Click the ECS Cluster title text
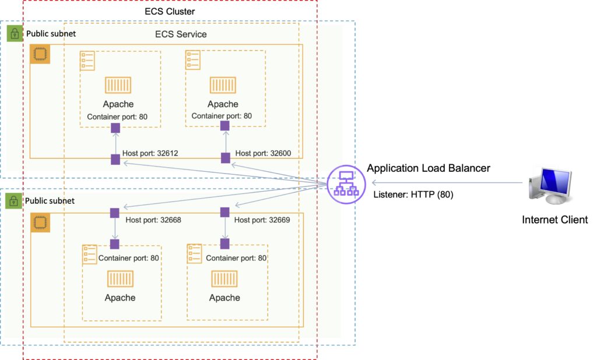(x=170, y=11)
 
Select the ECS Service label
(x=181, y=34)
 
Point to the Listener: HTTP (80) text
(x=413, y=195)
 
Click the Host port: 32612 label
(x=150, y=154)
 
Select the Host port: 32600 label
(x=263, y=154)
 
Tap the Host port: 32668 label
(x=153, y=220)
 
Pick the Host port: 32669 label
(x=262, y=220)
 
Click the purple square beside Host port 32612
(x=115, y=159)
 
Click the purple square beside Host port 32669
(x=224, y=213)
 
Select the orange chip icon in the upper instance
(x=40, y=54)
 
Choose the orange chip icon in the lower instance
(x=40, y=223)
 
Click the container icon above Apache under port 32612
(x=118, y=85)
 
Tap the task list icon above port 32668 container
(x=90, y=254)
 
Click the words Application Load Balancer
(x=429, y=168)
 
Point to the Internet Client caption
(x=554, y=220)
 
